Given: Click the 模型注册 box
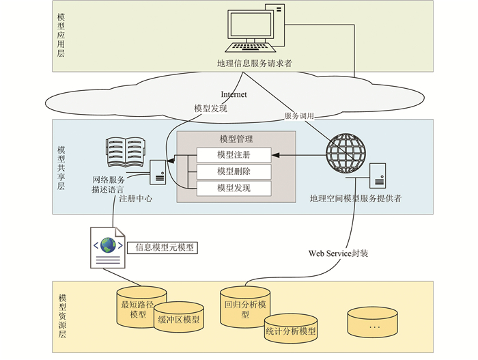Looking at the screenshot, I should [x=234, y=154].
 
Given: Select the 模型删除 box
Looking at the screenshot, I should [x=234, y=171].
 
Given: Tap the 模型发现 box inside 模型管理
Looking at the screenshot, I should [x=234, y=187].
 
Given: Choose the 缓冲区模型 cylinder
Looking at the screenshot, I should [x=178, y=319].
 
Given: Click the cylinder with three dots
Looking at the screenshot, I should [x=374, y=323].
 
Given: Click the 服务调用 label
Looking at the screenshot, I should [x=300, y=116].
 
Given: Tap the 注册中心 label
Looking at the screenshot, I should [x=135, y=199].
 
